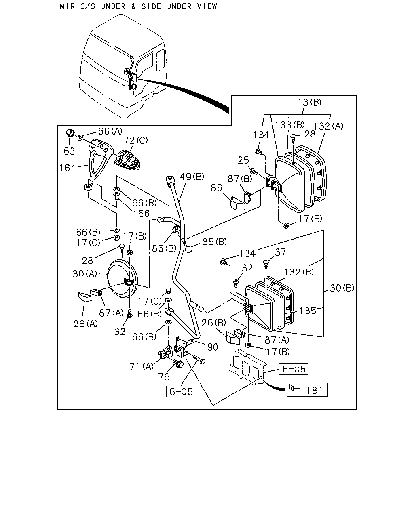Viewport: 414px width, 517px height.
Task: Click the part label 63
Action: point(69,151)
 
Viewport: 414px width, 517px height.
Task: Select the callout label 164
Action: point(68,168)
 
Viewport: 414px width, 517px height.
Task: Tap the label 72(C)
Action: point(136,140)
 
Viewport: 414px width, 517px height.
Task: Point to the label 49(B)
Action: point(192,177)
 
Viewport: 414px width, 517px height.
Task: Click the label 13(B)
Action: point(310,102)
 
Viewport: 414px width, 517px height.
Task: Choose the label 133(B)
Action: point(289,125)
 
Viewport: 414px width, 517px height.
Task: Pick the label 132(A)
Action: point(328,126)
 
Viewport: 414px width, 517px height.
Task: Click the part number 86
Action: point(216,188)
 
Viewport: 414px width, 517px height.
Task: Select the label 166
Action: point(141,214)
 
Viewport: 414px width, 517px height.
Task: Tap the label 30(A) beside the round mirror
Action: point(84,274)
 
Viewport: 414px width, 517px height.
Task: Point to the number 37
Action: point(281,252)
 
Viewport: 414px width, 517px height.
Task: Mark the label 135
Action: point(308,311)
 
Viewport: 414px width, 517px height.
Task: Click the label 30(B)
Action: point(342,288)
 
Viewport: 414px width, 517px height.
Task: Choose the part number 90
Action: point(212,347)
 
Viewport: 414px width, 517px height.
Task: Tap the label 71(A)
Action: point(142,367)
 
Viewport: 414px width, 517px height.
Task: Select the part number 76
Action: point(164,377)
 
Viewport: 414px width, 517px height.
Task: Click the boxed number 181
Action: point(315,391)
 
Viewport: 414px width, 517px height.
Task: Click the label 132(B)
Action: point(299,272)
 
